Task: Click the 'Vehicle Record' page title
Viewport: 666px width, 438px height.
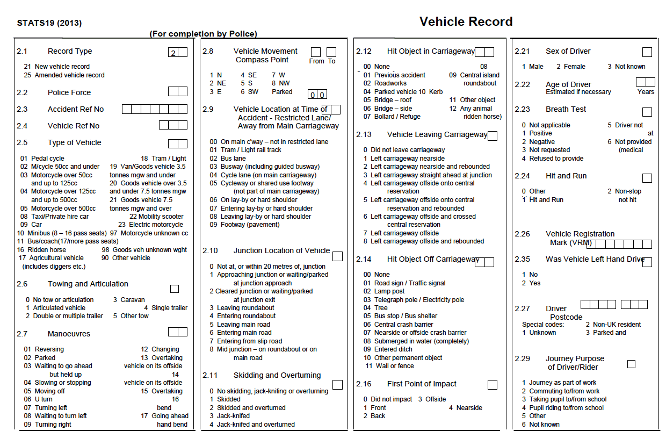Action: point(466,21)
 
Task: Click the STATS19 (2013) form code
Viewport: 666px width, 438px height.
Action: point(49,23)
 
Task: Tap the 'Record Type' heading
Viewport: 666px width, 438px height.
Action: point(70,52)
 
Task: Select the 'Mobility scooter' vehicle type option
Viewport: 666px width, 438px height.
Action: point(156,217)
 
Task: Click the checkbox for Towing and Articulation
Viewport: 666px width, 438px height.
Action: point(175,289)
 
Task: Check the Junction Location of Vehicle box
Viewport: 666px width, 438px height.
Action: point(337,256)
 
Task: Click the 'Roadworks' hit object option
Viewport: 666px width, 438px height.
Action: point(390,83)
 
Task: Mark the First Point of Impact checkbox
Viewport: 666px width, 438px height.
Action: point(493,385)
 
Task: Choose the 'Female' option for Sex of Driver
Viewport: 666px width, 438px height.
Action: point(574,67)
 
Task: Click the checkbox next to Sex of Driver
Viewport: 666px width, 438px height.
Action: point(647,52)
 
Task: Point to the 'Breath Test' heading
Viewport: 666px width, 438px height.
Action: point(566,110)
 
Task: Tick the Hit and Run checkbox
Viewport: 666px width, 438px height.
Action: point(647,178)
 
